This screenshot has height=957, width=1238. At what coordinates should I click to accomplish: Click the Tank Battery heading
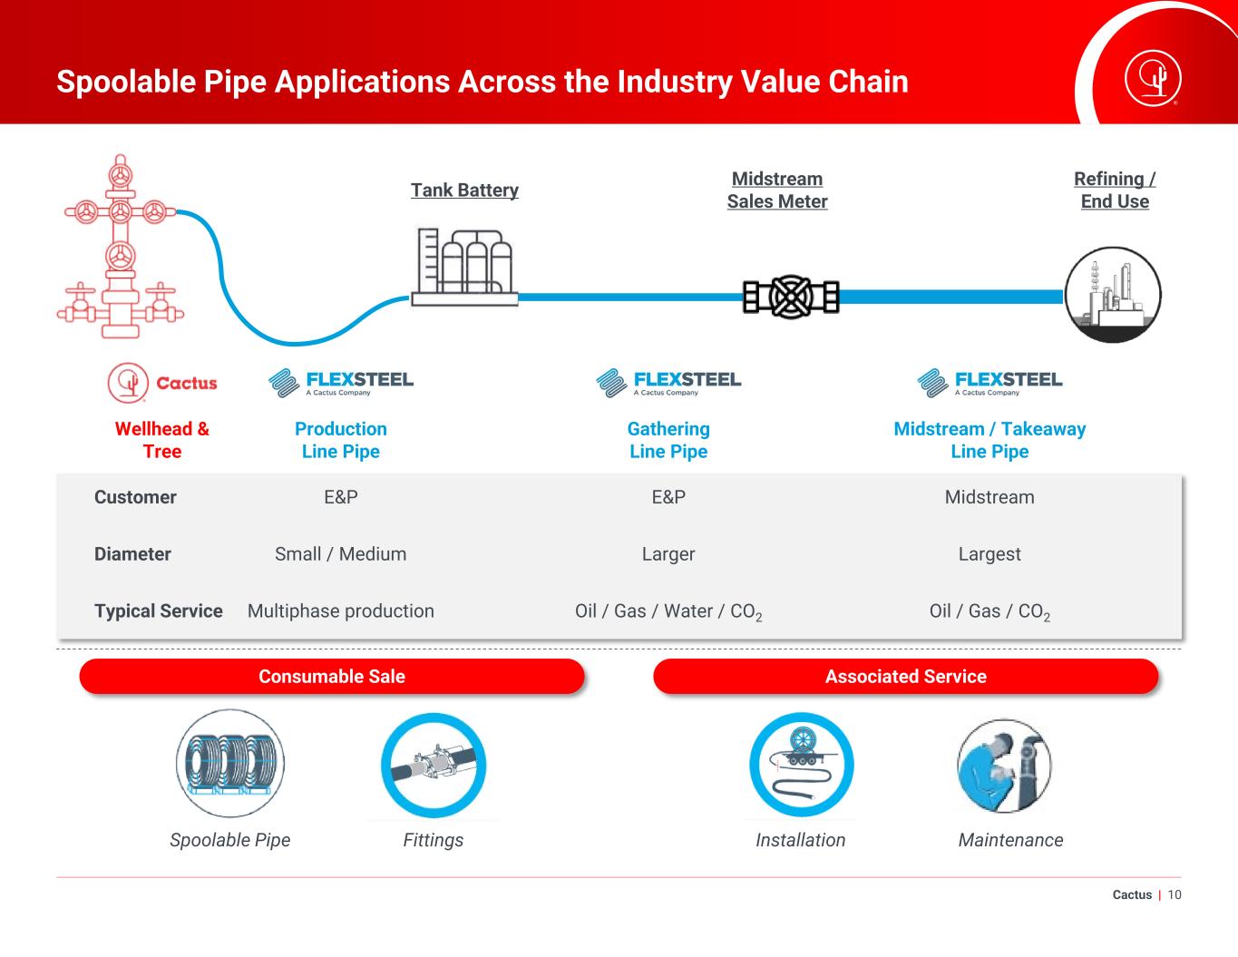coord(464,190)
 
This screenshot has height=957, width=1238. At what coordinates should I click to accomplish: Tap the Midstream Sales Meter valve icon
coord(791,297)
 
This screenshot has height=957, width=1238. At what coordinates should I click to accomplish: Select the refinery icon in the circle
coord(1113,295)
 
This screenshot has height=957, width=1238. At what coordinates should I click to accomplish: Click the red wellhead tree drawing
coord(121,247)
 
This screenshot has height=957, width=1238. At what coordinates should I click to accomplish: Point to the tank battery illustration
coord(465,267)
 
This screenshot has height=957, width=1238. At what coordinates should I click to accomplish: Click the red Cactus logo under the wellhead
coord(162,383)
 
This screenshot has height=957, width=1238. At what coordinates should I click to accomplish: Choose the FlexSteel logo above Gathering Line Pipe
coord(668,383)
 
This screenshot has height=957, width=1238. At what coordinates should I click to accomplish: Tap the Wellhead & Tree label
coord(162,440)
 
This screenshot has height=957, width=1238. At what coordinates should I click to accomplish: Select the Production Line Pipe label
coord(341,440)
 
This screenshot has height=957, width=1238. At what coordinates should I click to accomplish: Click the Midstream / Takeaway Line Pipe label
coord(989,440)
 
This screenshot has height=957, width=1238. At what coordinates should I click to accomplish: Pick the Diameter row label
coord(132,553)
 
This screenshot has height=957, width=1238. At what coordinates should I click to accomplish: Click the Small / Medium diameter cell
coord(341,553)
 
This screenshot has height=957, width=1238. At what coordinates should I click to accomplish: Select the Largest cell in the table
coord(989,553)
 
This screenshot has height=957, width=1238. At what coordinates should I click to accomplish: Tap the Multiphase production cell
coord(341,610)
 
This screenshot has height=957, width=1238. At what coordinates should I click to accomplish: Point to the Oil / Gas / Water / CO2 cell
coord(668,611)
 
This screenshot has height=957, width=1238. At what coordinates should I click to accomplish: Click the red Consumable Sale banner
coord(332,676)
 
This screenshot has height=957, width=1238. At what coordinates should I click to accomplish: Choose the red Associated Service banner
coord(906,676)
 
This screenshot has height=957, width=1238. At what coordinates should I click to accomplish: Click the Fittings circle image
coord(434,765)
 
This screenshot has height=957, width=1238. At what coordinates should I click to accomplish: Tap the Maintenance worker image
coord(1004,766)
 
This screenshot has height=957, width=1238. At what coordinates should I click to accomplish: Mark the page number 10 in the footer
coord(1175,895)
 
